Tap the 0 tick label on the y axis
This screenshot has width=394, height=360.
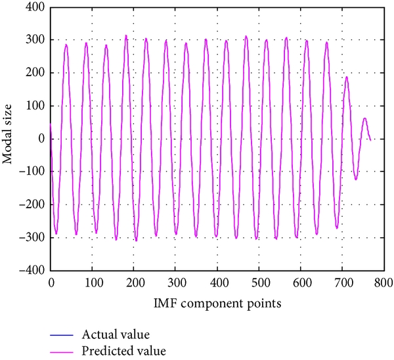41,139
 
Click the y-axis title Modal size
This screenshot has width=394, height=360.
10,138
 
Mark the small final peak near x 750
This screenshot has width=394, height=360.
364,118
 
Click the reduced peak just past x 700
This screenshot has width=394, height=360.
347,78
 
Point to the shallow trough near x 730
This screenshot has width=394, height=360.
356,179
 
